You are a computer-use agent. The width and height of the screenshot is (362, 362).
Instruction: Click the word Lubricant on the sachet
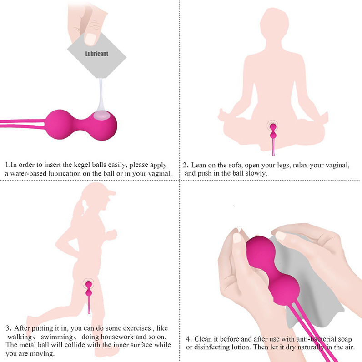(x=96, y=54)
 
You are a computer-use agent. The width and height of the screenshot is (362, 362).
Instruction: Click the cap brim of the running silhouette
(x=111, y=192)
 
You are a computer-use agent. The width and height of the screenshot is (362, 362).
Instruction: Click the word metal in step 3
(x=29, y=345)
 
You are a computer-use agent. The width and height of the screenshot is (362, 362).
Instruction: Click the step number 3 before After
(x=8, y=328)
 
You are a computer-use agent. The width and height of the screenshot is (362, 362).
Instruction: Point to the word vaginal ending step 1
(x=161, y=173)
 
